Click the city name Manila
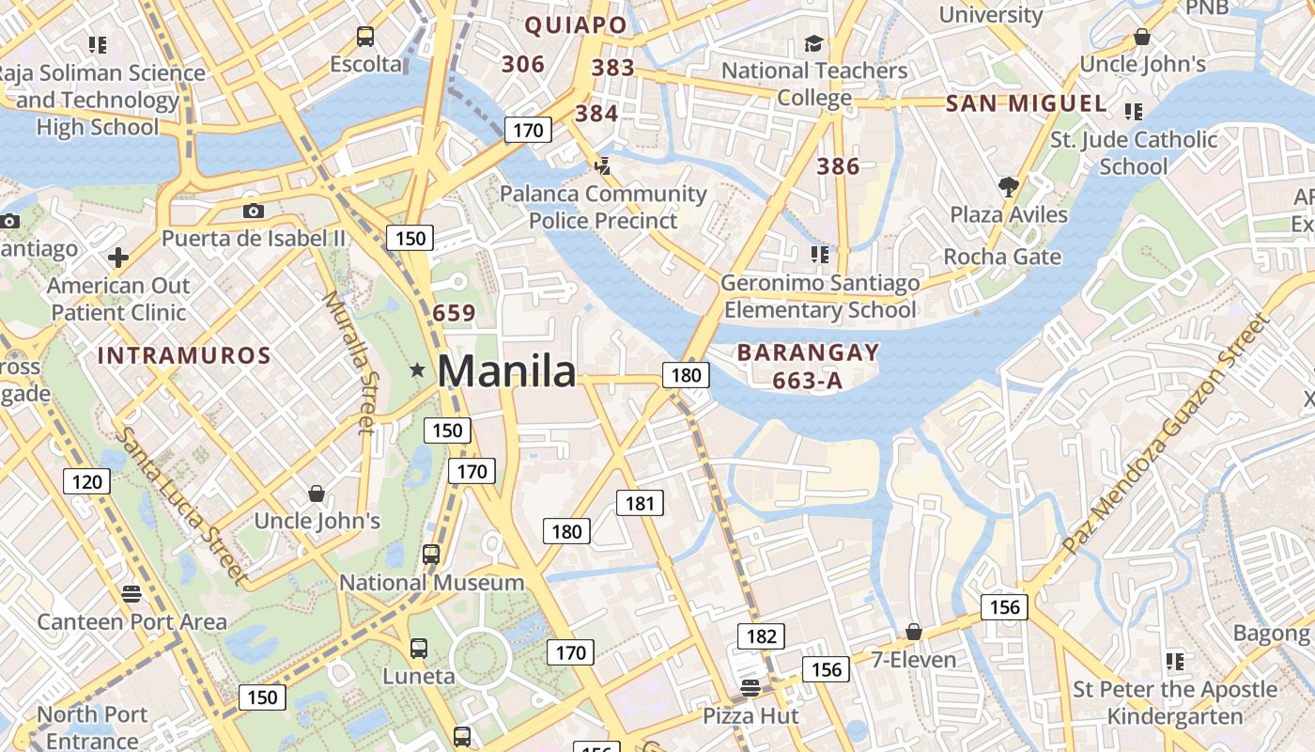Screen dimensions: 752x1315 point(506,372)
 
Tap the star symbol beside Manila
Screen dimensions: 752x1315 point(417,371)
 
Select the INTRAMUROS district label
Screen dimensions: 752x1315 point(184,356)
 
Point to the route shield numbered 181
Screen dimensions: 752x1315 point(640,503)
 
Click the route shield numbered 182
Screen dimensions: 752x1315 point(761,636)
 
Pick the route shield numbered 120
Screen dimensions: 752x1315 point(87,482)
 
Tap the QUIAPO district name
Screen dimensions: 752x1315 point(576,25)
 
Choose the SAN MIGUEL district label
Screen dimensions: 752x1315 point(1027,103)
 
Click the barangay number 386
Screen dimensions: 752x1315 point(838,167)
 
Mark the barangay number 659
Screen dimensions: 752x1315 point(454,313)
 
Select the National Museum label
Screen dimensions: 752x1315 point(431,583)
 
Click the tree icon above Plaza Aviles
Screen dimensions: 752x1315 point(1009,186)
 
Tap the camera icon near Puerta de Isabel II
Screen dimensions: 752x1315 point(253,211)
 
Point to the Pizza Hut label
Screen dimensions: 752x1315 point(751,716)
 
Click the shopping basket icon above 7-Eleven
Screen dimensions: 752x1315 point(913,632)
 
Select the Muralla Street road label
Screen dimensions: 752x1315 point(348,362)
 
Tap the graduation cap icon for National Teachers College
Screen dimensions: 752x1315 point(813,43)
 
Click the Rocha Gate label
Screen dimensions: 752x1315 point(1002,257)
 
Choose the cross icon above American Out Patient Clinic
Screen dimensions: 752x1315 point(118,257)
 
